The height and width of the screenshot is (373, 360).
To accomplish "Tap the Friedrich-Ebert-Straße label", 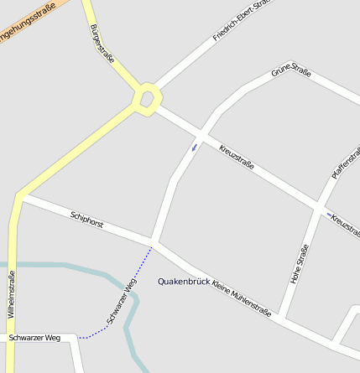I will click(245, 21).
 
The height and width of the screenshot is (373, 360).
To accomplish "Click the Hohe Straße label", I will click(300, 263).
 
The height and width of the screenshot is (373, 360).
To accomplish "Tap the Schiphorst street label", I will click(87, 220).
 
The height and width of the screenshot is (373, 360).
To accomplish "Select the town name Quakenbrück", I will click(184, 282).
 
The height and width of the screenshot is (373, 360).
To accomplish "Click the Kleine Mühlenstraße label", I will click(242, 298).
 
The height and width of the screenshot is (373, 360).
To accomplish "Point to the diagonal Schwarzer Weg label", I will click(122, 302).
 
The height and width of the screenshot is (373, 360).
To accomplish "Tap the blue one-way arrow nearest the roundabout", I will click(195, 148).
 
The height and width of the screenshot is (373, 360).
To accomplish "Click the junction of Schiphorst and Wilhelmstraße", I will click(18, 198).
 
